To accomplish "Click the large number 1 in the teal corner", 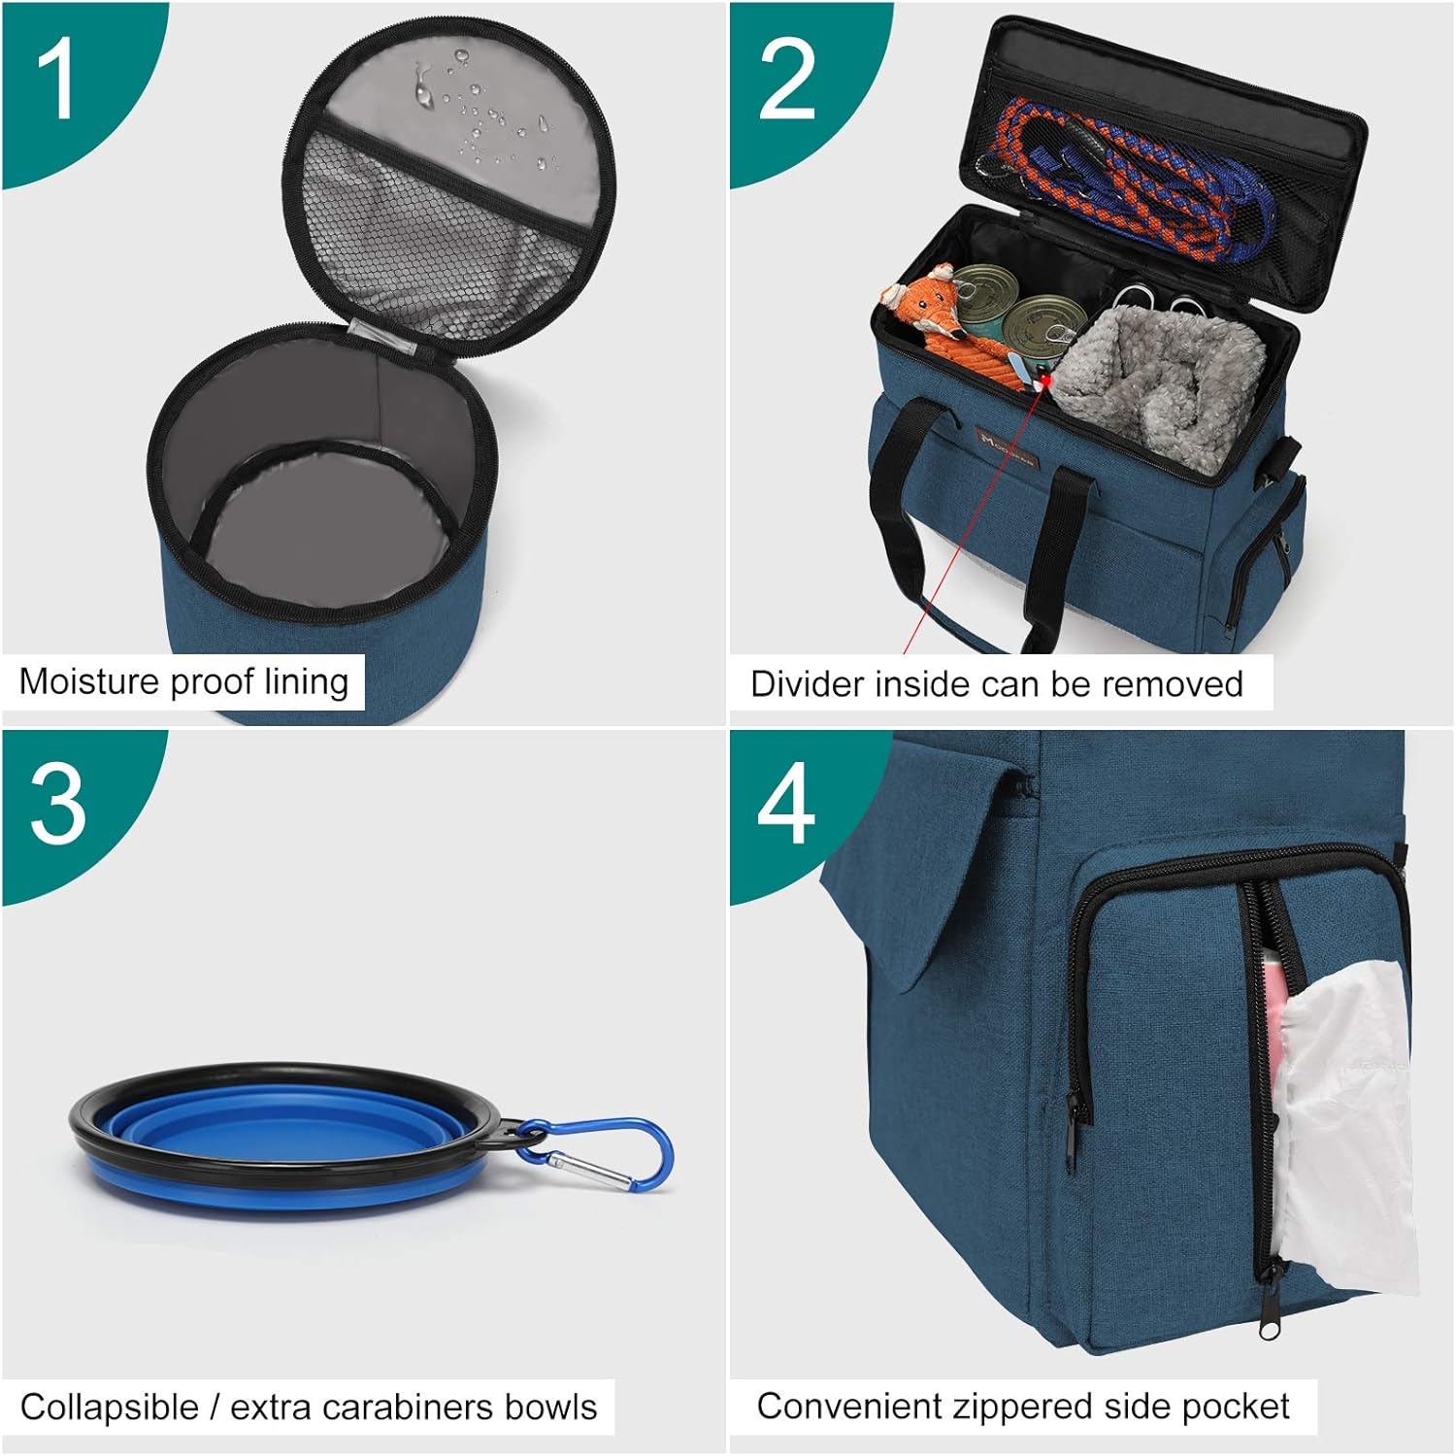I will point(55,81).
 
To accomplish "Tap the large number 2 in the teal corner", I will point(786,81).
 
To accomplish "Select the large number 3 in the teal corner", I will point(58,805).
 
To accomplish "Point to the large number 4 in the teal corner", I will point(785,803).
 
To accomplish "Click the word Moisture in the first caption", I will point(89,681).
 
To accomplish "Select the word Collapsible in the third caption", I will point(110,1407).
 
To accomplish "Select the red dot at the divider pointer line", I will point(1045,383).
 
